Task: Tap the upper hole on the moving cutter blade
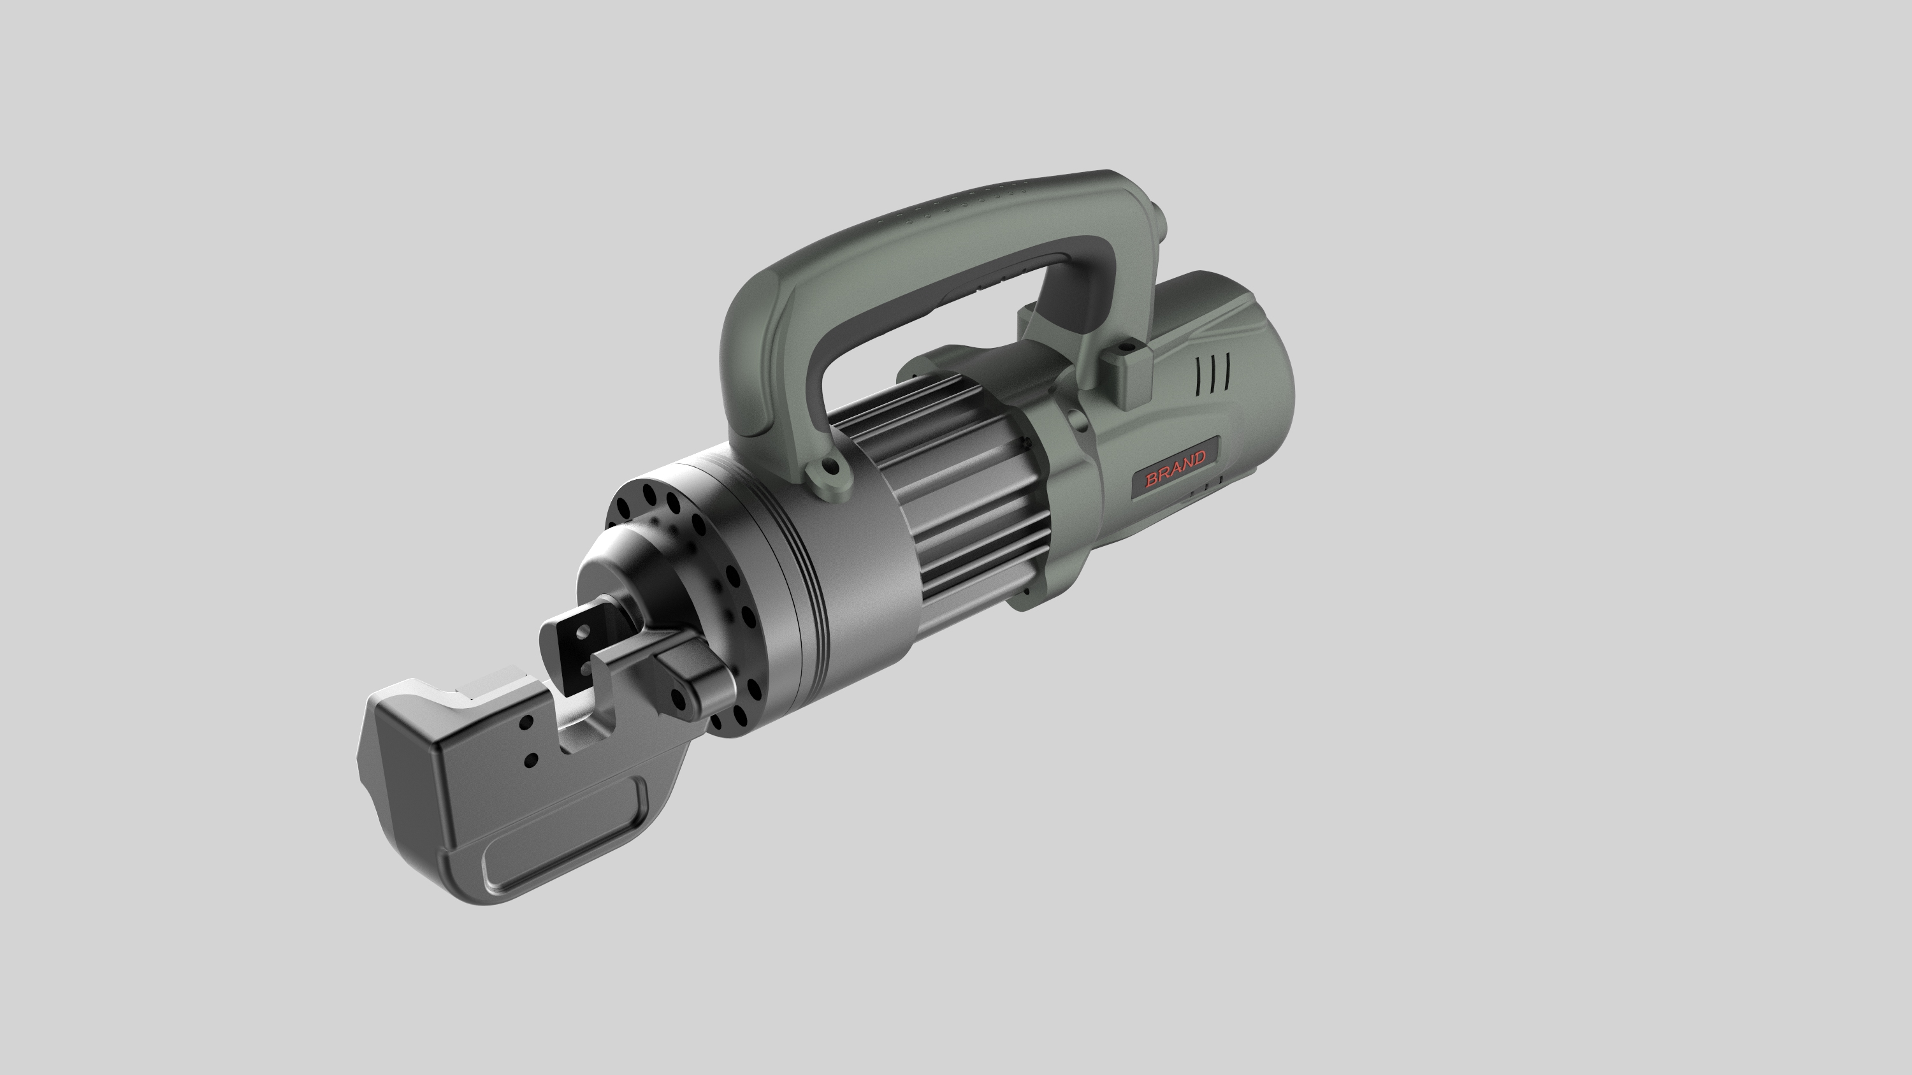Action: (583, 631)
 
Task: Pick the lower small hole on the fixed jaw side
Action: (530, 760)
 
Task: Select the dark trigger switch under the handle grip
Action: (987, 289)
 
